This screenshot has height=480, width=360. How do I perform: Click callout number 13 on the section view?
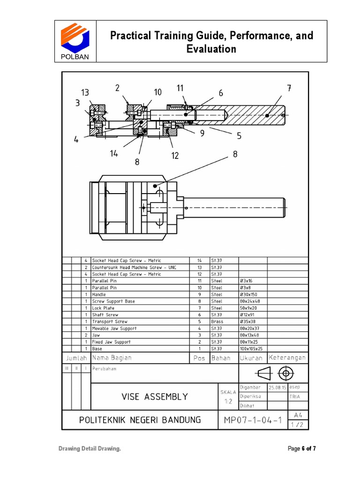pos(85,93)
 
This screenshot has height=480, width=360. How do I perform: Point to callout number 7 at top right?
pos(289,88)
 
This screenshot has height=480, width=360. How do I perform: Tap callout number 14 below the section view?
pos(114,154)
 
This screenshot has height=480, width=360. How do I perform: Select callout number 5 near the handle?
pos(239,136)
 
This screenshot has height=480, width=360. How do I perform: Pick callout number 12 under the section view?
pos(175,156)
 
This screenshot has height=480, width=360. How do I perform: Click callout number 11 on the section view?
pos(180,88)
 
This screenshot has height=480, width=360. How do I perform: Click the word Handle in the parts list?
pos(99,294)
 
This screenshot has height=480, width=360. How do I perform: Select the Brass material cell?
pos(217,322)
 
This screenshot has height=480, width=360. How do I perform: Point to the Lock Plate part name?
pos(103,308)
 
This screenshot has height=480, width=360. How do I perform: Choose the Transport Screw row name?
pos(109,322)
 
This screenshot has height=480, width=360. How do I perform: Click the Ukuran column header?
pos(251,358)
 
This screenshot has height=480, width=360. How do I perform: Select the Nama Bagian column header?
pos(112,358)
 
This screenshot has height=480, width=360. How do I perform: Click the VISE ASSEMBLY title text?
pos(154,397)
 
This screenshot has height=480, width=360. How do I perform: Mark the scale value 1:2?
pos(228,401)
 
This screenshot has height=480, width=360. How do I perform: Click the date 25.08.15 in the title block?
pos(277,388)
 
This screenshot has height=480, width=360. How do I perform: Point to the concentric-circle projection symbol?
pos(285,374)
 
